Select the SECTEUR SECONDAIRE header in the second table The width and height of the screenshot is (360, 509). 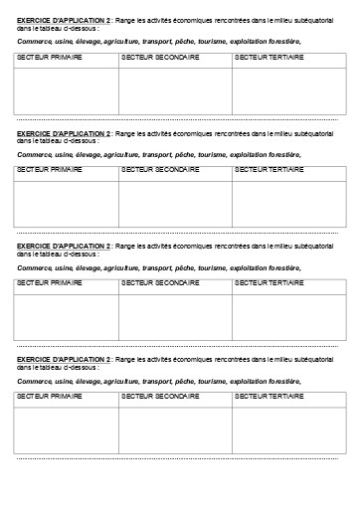click(x=159, y=171)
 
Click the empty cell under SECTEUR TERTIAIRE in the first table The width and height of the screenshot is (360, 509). click(x=286, y=91)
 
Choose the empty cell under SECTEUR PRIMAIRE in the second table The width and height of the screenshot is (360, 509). click(x=66, y=203)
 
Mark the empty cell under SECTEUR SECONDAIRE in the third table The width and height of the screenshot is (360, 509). click(x=175, y=315)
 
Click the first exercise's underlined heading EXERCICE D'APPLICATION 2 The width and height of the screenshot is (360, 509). click(x=64, y=19)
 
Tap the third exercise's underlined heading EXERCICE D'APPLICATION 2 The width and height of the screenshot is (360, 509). click(x=64, y=244)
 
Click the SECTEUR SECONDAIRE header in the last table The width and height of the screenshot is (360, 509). click(x=159, y=396)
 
